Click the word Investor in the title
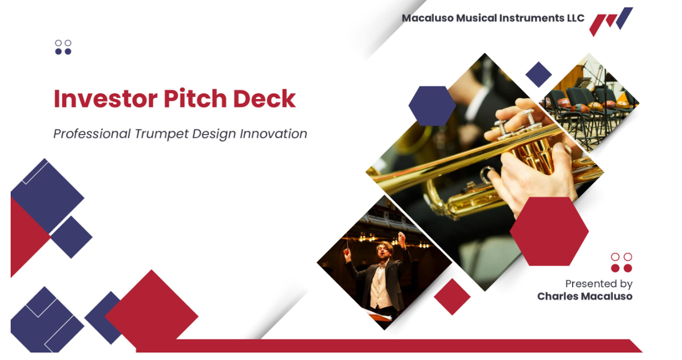coord(106,99)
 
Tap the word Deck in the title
coord(264,99)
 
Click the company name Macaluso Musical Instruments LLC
coord(493,18)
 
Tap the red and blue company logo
coord(610,21)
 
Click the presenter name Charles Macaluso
coord(585,296)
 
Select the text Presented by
coord(598,284)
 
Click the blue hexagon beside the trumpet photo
coord(432,106)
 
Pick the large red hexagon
coord(549,231)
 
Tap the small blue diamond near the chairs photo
coord(538,74)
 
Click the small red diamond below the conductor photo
coord(452,296)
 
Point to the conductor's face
coord(383,252)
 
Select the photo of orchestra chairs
coord(589,102)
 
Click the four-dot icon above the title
coord(63,48)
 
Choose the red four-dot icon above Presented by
coord(621,263)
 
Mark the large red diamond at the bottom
coord(152,310)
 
